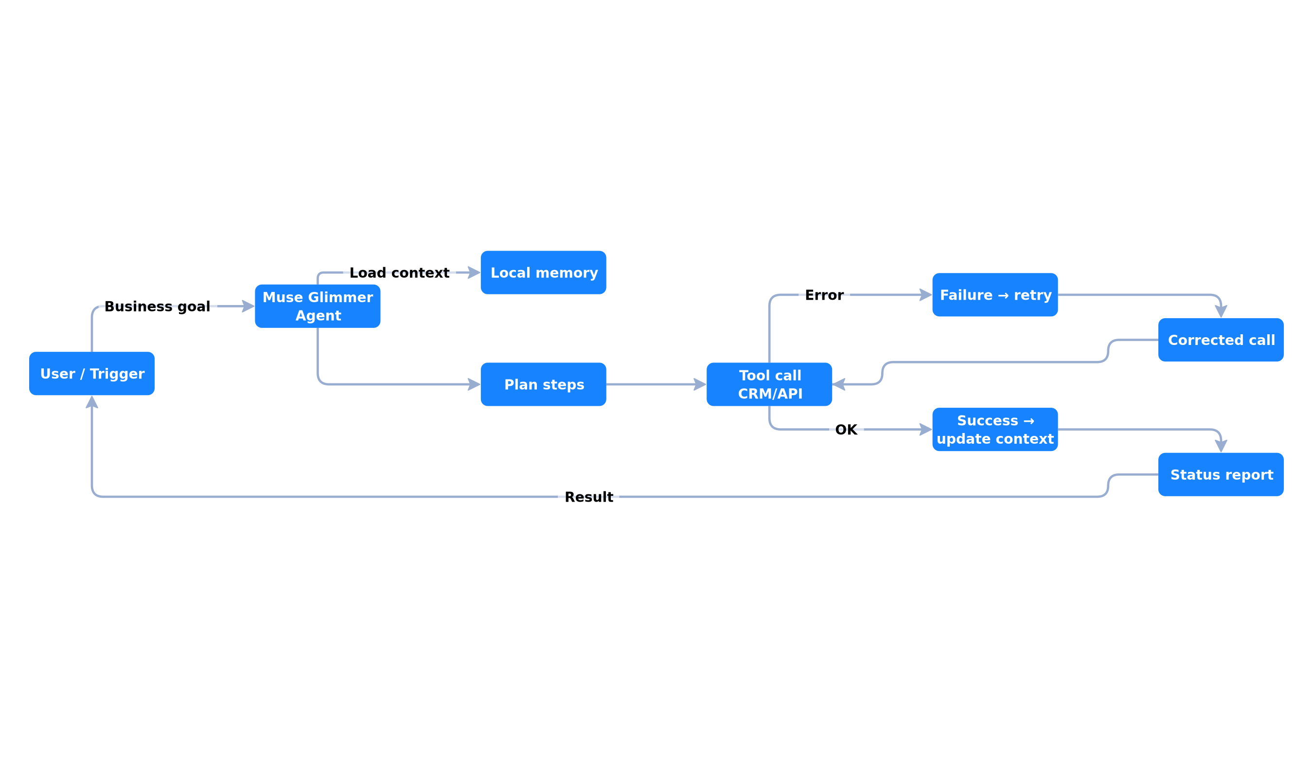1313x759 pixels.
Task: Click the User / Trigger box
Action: click(92, 373)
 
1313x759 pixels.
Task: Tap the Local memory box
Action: click(544, 272)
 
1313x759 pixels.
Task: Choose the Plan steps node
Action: click(544, 384)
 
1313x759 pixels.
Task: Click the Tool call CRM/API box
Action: click(769, 384)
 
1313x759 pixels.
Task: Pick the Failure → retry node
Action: click(995, 294)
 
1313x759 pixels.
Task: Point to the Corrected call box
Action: click(1221, 340)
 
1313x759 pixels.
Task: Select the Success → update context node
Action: click(995, 430)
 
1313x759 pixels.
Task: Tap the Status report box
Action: click(1221, 474)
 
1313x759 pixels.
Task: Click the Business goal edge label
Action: click(158, 307)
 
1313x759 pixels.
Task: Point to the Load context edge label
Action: click(399, 272)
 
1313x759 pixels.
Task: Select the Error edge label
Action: click(824, 295)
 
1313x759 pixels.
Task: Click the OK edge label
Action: click(846, 430)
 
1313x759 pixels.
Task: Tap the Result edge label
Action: click(589, 497)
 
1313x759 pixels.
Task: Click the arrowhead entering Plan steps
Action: click(474, 384)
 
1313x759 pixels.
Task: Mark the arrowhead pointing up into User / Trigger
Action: click(92, 402)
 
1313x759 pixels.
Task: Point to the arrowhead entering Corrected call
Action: click(1221, 312)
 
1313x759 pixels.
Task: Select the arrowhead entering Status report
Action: click(1221, 446)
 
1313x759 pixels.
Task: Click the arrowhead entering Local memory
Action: click(474, 272)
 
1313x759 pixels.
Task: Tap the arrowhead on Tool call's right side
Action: click(839, 384)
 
